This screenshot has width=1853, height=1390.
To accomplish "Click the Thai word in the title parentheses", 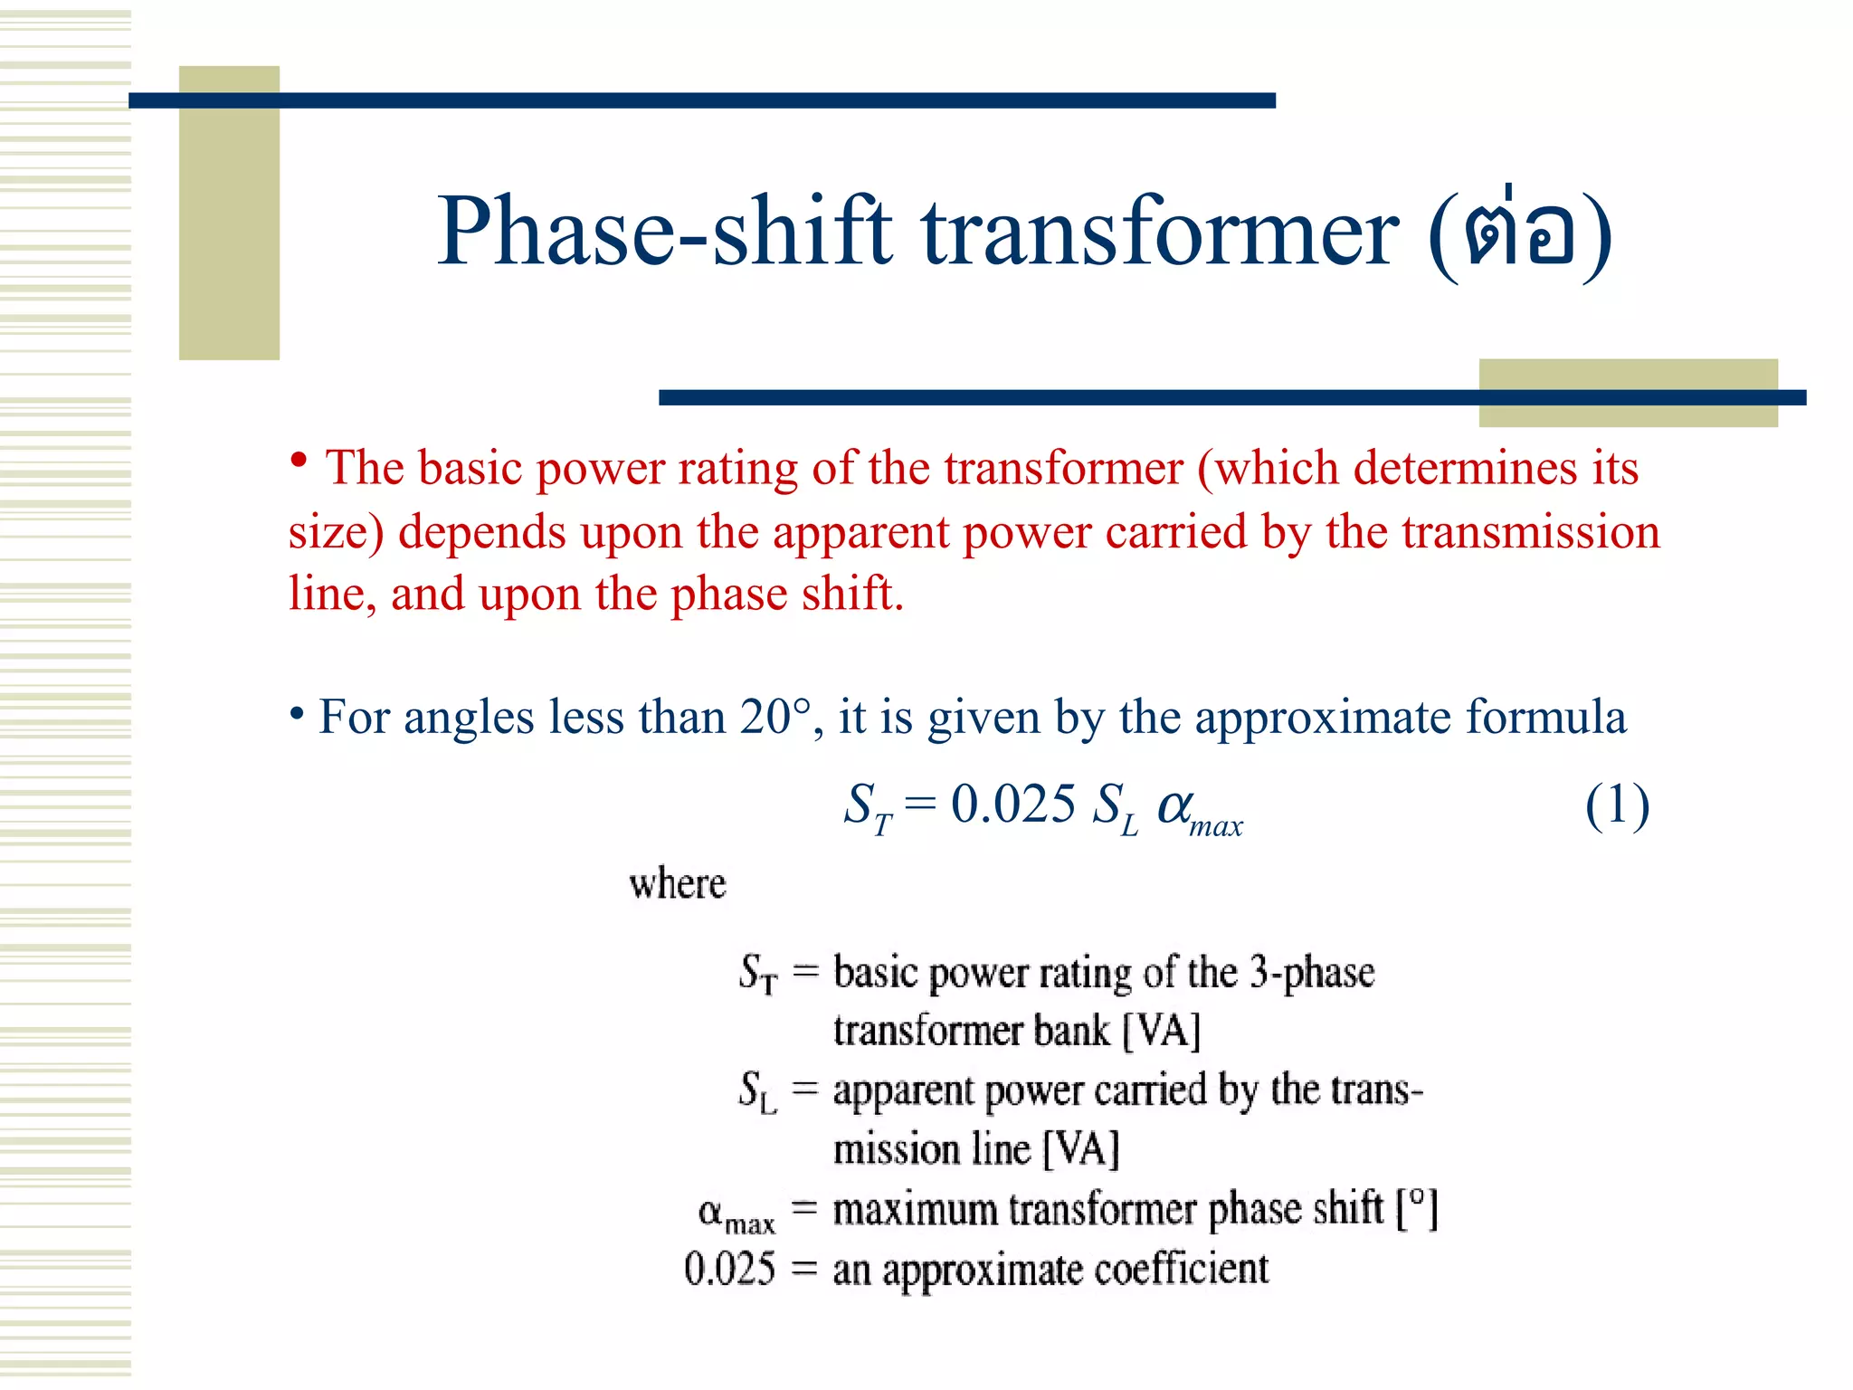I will pos(1520,233).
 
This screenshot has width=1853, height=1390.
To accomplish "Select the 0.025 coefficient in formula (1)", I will pos(1012,804).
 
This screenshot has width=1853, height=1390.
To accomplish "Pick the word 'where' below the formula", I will pos(678,883).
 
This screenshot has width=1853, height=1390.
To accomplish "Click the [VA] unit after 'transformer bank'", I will pos(1162,1031).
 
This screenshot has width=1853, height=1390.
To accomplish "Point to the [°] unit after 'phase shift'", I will pos(1417,1209).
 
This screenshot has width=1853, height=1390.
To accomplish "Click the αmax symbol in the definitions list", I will pos(735,1213).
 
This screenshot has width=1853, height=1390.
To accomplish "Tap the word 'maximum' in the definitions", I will pos(915,1210).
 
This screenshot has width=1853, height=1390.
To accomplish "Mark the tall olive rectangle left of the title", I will pos(229,213).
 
